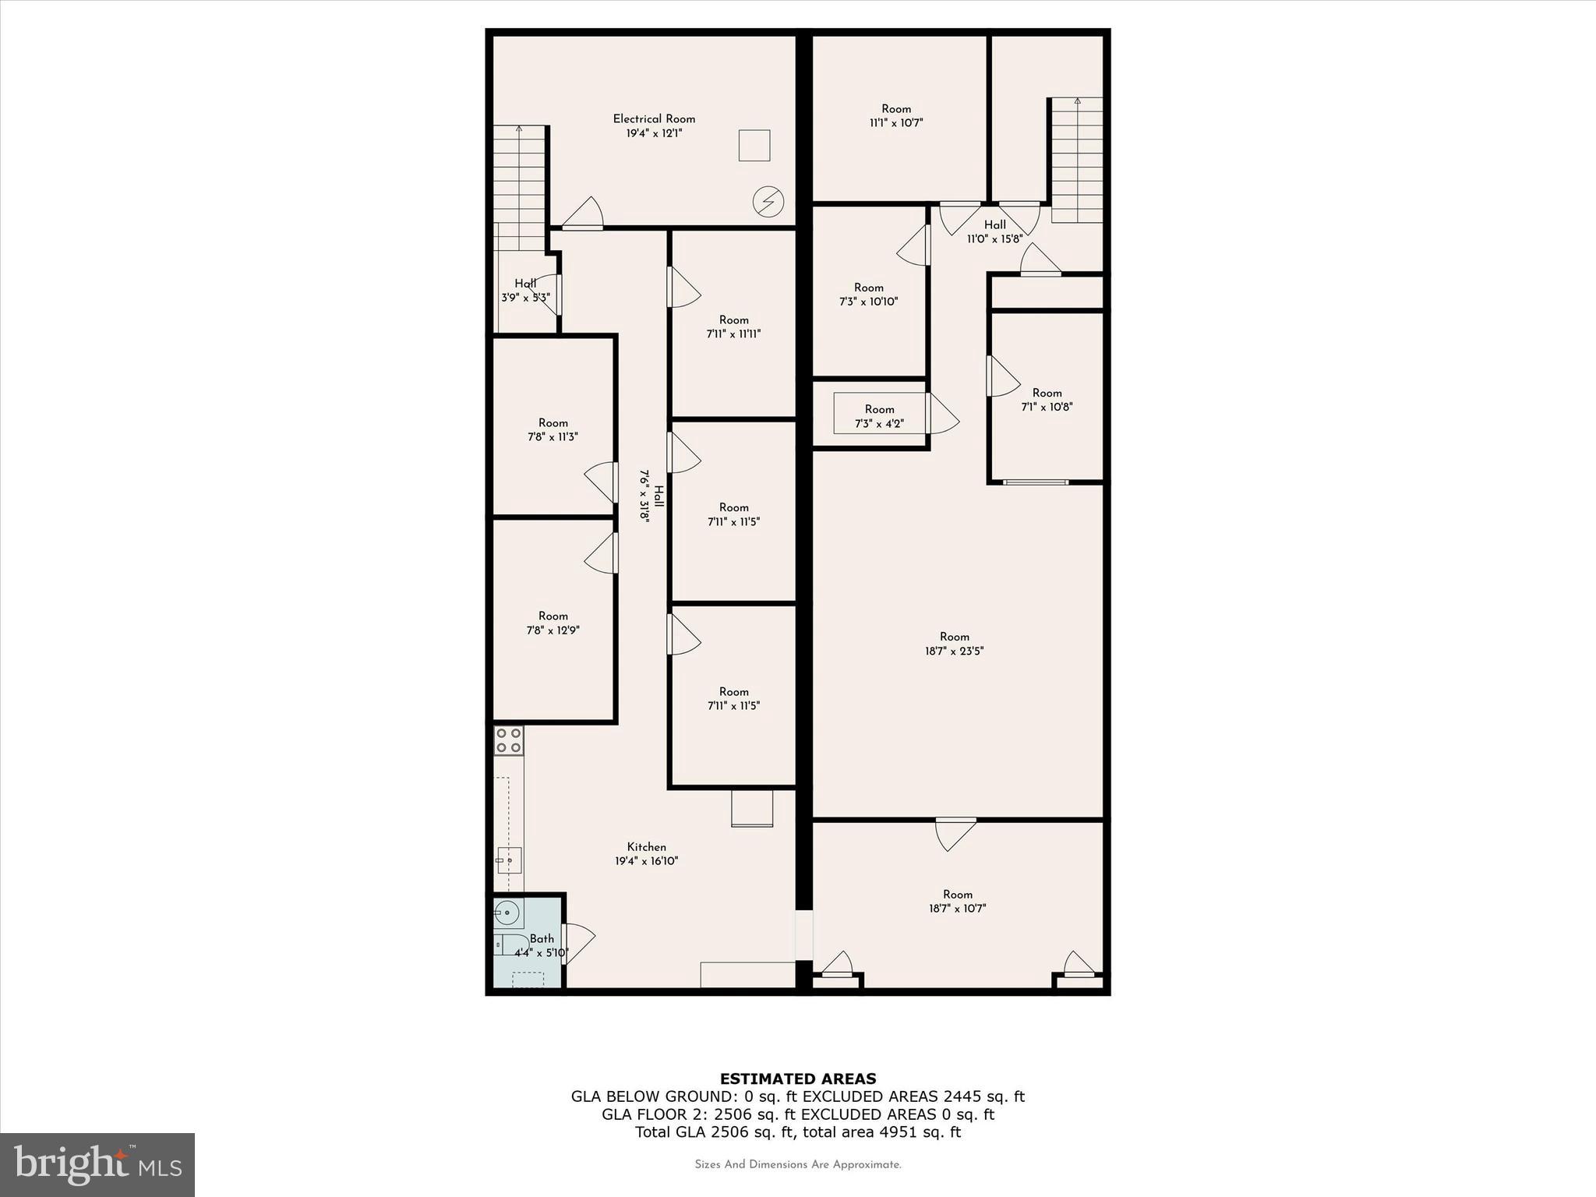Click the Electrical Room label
[x=653, y=119]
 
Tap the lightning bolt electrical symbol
[x=768, y=203]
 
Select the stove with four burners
[x=509, y=740]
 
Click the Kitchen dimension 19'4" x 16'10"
[x=646, y=861]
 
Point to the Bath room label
[x=542, y=939]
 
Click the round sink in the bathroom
[x=507, y=911]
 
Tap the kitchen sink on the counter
[x=509, y=860]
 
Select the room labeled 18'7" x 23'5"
[x=954, y=644]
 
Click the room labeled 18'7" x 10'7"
[x=957, y=901]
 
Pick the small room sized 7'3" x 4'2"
[x=879, y=416]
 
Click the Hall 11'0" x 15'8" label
[x=994, y=231]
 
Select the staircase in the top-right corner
[x=1077, y=160]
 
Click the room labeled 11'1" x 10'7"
[x=896, y=115]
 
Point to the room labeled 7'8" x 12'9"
[x=553, y=623]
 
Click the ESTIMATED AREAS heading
[x=797, y=1079]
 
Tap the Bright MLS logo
[x=97, y=1164]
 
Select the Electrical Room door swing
[x=583, y=214]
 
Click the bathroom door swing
[x=578, y=943]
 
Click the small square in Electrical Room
[x=754, y=146]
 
